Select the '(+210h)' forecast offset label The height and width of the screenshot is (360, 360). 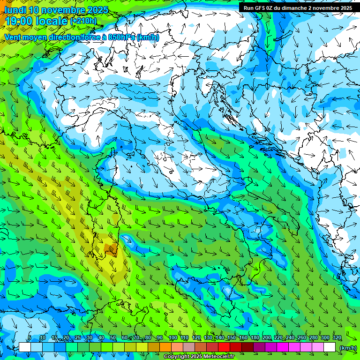point(83,21)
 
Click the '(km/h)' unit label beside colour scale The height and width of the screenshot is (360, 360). point(348,347)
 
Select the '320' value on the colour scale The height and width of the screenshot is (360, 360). point(337,338)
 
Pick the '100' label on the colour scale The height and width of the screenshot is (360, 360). point(172,338)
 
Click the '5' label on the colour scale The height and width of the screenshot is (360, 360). point(30,338)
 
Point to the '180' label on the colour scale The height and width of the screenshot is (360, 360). point(255,338)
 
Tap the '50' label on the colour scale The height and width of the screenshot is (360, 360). point(113,338)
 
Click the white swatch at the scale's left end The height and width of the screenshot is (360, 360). point(25,347)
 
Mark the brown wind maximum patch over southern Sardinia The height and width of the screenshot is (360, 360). point(112,248)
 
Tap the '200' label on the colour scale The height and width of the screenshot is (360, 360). point(267,338)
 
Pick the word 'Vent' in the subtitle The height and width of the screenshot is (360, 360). point(13,37)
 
